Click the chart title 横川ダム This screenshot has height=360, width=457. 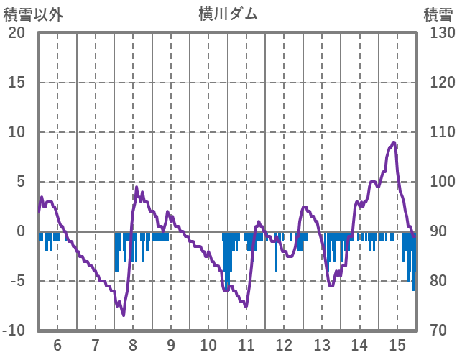click(x=228, y=14)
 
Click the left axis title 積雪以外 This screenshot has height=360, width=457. click(x=33, y=14)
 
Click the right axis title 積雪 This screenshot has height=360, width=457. click(x=437, y=14)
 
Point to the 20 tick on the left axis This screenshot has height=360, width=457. click(x=17, y=33)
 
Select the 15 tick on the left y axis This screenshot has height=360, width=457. click(x=17, y=83)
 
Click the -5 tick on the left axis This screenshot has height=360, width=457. click(x=17, y=281)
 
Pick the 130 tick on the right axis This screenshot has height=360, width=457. click(x=437, y=33)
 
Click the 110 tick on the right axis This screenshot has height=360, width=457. click(x=437, y=132)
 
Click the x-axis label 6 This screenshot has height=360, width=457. click(x=57, y=344)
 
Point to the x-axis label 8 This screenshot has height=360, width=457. click(x=133, y=344)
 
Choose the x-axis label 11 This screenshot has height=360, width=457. click(x=246, y=344)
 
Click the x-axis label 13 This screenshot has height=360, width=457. click(x=322, y=344)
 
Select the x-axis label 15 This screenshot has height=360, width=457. click(x=397, y=344)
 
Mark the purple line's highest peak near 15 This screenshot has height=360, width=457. click(x=394, y=142)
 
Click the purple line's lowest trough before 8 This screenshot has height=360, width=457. click(x=123, y=315)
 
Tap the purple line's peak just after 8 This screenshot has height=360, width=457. click(x=137, y=188)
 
